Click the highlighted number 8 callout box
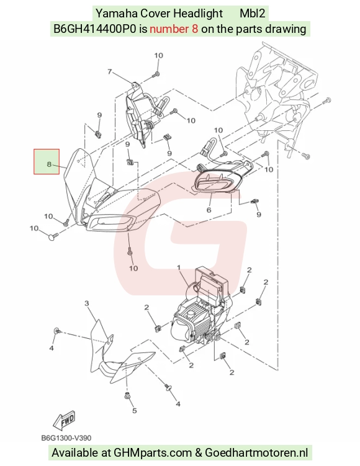tap(47, 161)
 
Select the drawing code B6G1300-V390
tap(66, 438)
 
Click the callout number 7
tap(110, 71)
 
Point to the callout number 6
tap(209, 210)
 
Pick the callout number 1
tap(179, 268)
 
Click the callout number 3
tap(86, 303)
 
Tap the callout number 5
tap(134, 410)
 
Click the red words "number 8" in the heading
tap(174, 29)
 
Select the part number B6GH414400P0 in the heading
tap(95, 29)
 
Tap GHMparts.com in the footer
tap(153, 452)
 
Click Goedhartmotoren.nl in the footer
tap(256, 452)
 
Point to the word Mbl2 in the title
tap(253, 14)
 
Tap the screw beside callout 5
tap(128, 396)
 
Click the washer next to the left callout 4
tap(57, 331)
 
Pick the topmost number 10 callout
tap(158, 56)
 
